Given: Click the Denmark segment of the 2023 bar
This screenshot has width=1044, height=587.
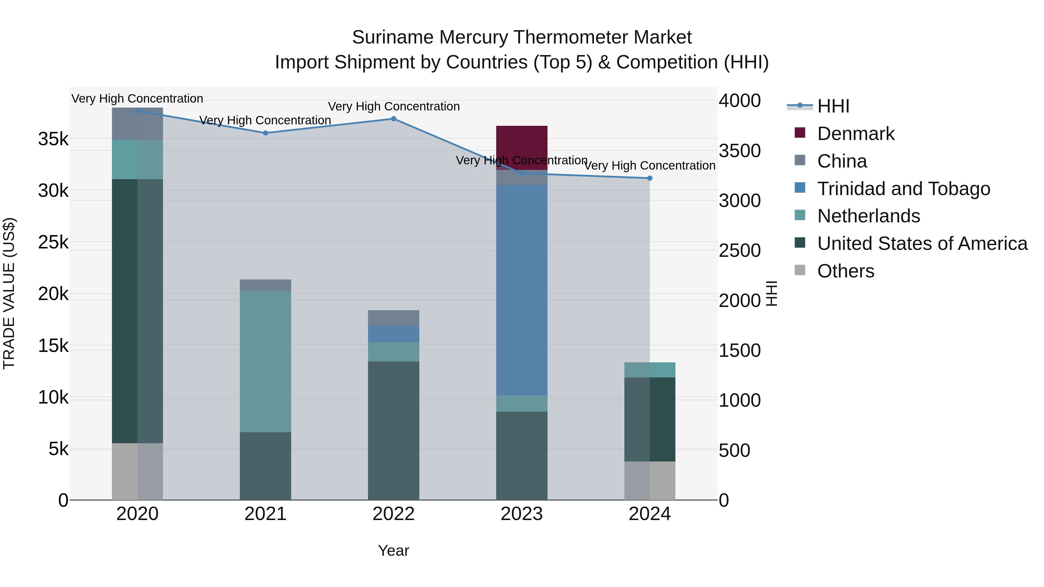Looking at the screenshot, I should coord(522,142).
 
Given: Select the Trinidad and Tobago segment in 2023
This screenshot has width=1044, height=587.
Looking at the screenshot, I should coord(522,290).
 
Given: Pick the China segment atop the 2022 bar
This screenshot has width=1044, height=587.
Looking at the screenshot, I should coord(394,318).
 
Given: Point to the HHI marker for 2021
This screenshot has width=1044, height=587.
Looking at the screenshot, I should coord(265,133).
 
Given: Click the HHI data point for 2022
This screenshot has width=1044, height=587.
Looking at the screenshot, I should coord(394,119).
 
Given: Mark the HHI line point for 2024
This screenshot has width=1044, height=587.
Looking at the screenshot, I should coord(650,178).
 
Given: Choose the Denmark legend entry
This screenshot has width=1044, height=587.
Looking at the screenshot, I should coord(855,134).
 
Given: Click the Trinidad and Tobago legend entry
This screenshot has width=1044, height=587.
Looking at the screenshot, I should coord(903,189).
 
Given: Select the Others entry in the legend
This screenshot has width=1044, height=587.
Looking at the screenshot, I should coord(845,271).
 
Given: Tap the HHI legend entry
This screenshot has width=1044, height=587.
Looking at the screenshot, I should coord(833,106).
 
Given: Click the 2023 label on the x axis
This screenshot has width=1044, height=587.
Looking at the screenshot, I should coord(522,514).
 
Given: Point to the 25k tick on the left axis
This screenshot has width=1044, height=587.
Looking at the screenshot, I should coord(53,242).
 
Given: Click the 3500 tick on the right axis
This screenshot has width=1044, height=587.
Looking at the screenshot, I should coord(739,151).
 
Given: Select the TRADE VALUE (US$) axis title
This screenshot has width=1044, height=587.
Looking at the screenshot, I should coord(9,293).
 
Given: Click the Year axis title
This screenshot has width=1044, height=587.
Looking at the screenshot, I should coord(394,550).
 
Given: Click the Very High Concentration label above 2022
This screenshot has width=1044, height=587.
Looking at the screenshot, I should coord(394,107).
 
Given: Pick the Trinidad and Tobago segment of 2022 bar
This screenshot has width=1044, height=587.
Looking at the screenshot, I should coord(394,334).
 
